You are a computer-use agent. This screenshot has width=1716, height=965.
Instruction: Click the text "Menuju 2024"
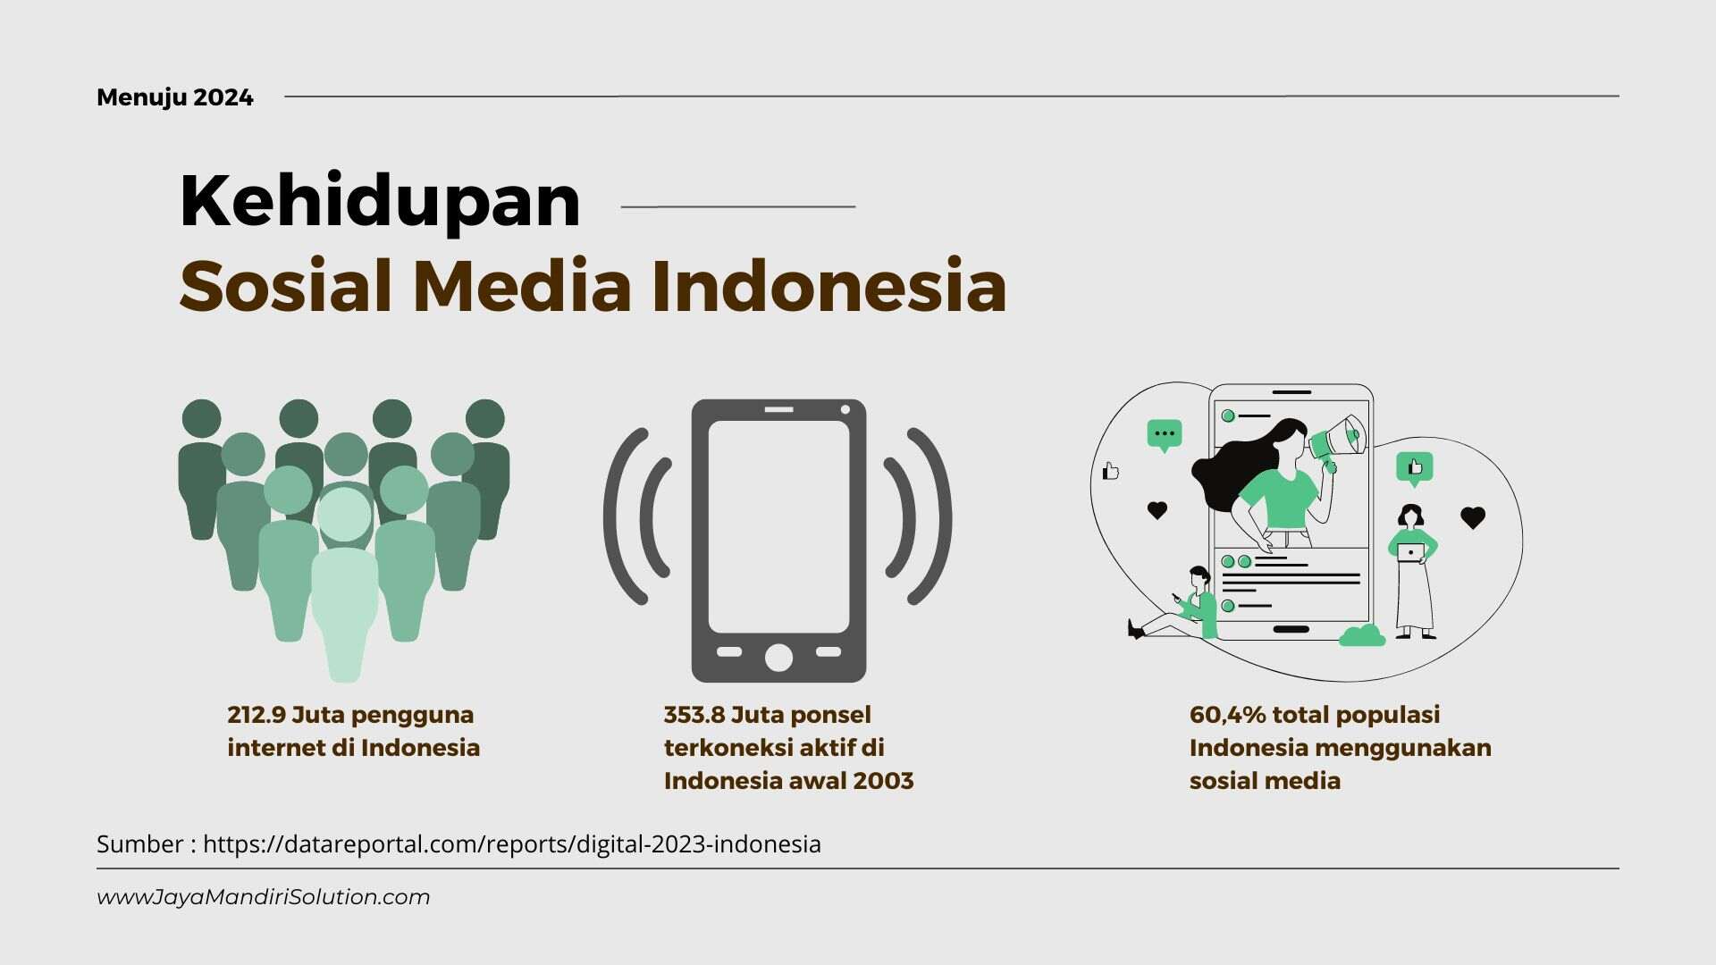click(175, 97)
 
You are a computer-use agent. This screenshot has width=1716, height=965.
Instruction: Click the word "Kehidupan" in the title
click(381, 202)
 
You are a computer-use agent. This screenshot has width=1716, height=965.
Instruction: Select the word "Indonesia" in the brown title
click(829, 286)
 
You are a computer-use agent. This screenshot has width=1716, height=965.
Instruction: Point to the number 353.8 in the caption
click(694, 715)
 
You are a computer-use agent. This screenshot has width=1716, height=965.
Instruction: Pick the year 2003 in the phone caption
click(883, 781)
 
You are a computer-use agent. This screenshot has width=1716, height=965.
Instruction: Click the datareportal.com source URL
click(512, 844)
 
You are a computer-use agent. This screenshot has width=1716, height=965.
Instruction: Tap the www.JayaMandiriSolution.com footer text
click(264, 897)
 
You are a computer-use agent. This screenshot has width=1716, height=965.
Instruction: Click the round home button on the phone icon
click(778, 658)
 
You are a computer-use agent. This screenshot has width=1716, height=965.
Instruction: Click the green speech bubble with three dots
click(1165, 436)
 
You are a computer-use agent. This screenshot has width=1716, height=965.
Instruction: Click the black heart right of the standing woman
click(1473, 517)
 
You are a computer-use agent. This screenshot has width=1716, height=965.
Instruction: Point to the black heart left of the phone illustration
click(1157, 510)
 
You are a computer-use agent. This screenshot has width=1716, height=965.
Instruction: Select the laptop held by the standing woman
click(1411, 552)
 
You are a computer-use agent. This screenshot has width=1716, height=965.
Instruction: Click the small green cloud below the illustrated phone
click(1362, 636)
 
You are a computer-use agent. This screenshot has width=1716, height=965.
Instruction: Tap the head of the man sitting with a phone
click(1199, 578)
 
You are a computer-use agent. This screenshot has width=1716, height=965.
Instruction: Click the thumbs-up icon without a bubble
click(1111, 471)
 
